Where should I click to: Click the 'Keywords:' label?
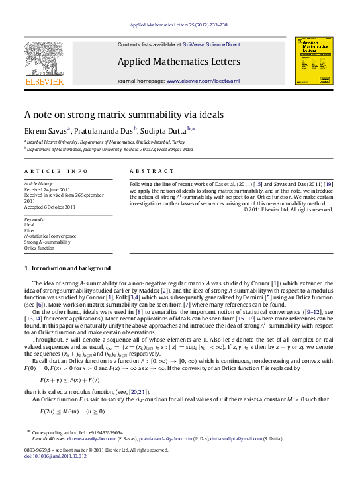(x=34, y=219)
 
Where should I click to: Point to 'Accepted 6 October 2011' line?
(x=49, y=207)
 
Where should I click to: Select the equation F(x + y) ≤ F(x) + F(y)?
(x=68, y=380)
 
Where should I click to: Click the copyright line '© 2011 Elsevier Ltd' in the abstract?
(x=287, y=209)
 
